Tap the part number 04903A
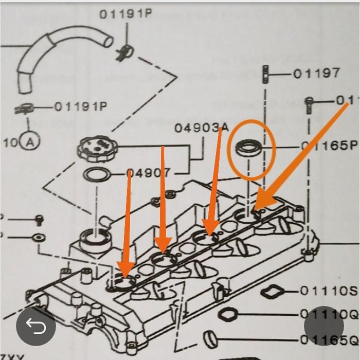click(x=201, y=128)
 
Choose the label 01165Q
click(x=329, y=339)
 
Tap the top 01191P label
click(x=125, y=14)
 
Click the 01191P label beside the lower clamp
click(x=80, y=107)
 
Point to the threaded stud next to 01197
click(x=265, y=75)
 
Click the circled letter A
click(x=30, y=142)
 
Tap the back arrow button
click(x=35, y=326)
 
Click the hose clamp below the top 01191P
click(x=122, y=51)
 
